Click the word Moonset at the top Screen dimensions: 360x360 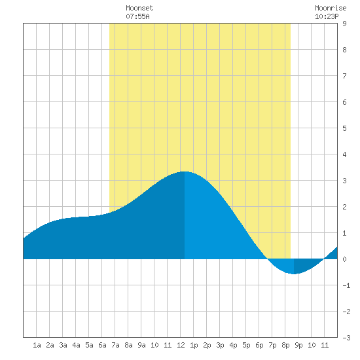click(139, 8)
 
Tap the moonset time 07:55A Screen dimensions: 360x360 click(137, 16)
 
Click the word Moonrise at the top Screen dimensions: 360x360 click(331, 8)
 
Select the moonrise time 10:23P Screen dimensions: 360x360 click(327, 16)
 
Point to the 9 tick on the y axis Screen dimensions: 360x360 click(344, 24)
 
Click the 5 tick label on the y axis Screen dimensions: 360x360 click(344, 128)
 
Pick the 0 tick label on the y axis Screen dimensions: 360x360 click(344, 259)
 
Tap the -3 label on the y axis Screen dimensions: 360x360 click(346, 338)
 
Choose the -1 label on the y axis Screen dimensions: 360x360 click(346, 285)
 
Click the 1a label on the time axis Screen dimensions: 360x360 click(37, 345)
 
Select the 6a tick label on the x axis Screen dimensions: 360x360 click(102, 345)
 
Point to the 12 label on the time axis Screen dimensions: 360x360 click(181, 345)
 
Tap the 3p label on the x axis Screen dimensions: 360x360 click(220, 345)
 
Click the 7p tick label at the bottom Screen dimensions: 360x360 click(272, 345)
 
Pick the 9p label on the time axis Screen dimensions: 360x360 click(298, 345)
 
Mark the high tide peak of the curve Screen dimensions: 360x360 click(185, 171)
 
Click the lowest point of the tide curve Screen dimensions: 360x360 click(294, 274)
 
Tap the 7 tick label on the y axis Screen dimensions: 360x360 click(344, 76)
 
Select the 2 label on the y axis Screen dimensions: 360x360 click(344, 207)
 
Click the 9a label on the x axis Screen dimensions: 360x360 click(141, 345)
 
